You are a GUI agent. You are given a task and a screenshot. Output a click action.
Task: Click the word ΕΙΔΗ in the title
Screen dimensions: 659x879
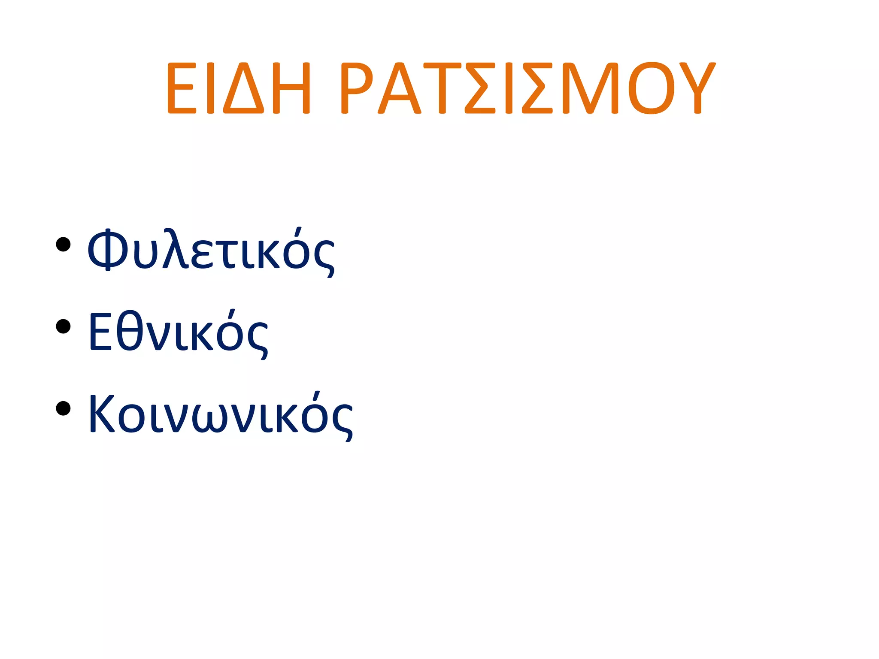tap(238, 88)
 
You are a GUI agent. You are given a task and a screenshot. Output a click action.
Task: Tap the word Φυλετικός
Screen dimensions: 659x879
tap(210, 251)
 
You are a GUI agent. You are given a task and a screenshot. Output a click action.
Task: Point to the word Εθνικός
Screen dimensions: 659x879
tap(178, 333)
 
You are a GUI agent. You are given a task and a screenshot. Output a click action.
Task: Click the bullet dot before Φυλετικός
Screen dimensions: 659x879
tap(63, 245)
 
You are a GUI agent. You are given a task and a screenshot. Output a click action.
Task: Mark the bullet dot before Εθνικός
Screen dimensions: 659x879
tap(63, 326)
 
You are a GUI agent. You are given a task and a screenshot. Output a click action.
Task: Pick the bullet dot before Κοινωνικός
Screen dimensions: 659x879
tap(63, 408)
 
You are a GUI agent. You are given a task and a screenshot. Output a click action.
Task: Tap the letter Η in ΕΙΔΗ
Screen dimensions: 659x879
tap(291, 88)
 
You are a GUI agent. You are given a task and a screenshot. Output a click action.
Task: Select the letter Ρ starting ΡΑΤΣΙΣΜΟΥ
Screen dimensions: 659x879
tap(356, 88)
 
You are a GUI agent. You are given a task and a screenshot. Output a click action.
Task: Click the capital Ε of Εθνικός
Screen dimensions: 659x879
tap(99, 331)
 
